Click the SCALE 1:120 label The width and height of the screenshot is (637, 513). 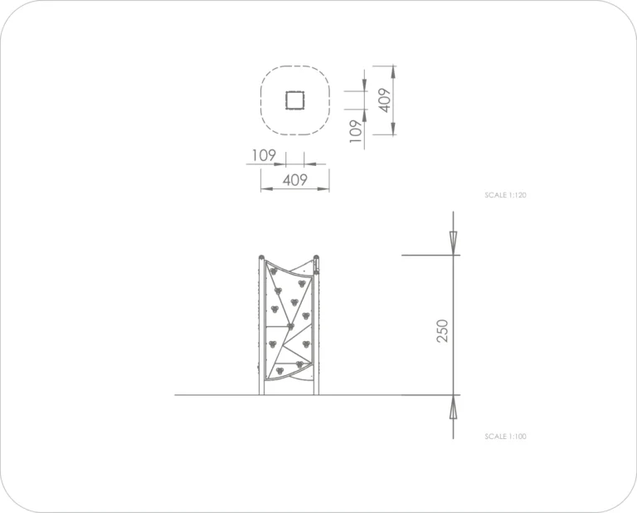[505, 195]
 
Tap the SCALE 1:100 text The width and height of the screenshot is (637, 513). [505, 437]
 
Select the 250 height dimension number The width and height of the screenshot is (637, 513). [443, 331]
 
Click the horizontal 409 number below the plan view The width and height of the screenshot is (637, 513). [295, 179]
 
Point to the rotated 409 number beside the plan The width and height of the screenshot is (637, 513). [385, 100]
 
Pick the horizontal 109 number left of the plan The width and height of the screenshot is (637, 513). [264, 155]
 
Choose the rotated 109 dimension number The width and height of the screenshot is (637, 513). [356, 131]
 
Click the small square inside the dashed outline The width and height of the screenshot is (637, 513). [295, 100]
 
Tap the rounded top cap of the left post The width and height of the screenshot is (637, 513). [261, 257]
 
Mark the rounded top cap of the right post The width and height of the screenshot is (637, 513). [316, 257]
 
